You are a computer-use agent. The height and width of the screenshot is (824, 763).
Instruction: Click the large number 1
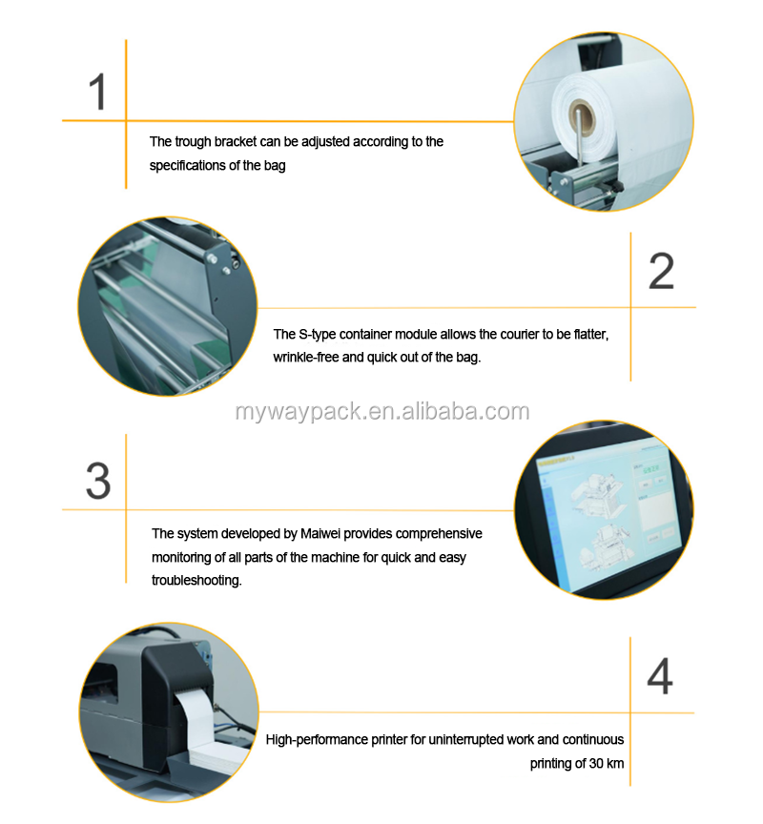coord(98,93)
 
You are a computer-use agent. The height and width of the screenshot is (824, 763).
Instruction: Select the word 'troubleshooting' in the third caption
coord(196,580)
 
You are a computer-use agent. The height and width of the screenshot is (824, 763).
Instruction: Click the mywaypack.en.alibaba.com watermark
coord(381,412)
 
